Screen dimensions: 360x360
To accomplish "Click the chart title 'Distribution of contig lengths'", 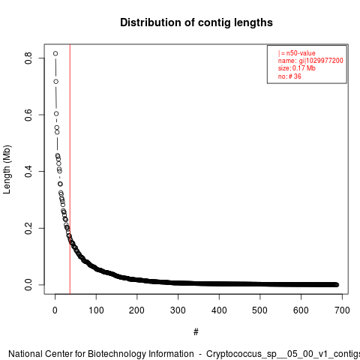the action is point(196,23).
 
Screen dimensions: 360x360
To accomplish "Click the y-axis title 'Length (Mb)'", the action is point(7,169).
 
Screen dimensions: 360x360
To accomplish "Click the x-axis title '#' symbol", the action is point(196,332).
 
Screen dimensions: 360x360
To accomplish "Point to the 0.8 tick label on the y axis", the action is point(28,58).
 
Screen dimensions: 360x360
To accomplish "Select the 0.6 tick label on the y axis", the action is point(28,115).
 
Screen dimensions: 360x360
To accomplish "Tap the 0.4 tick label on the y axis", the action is point(28,172).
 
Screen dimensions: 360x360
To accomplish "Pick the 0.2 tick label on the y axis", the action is point(28,228).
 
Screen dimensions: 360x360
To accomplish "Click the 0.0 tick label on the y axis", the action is point(28,285).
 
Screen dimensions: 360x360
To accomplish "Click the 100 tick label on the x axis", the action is point(96,310).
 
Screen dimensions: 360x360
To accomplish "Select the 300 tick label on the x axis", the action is point(178,310).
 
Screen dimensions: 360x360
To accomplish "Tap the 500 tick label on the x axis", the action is point(260,310).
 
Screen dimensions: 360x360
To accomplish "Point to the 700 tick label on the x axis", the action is point(342,310).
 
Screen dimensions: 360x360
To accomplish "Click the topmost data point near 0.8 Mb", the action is point(55,53).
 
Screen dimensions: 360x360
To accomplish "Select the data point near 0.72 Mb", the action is point(56,82).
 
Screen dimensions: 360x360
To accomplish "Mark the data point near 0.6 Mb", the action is point(56,114).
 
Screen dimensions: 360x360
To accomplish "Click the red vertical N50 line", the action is point(70,169).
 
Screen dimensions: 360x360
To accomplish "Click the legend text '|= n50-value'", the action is point(297,53).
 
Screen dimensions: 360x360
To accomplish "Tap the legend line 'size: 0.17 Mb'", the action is point(297,68).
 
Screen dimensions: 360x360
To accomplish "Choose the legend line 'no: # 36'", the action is point(289,76).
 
